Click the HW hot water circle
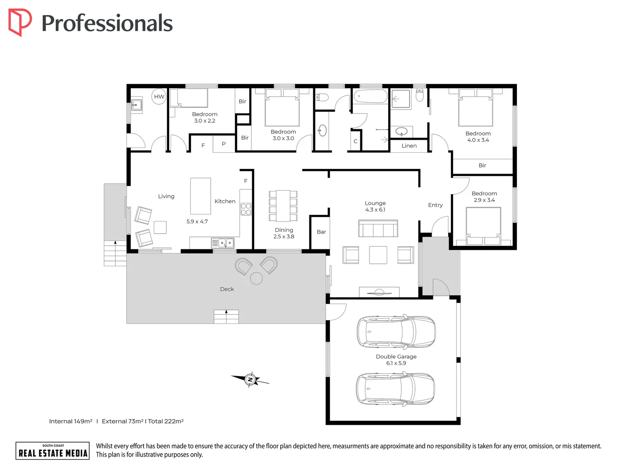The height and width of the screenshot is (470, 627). point(159,97)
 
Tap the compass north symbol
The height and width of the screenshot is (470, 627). point(250,380)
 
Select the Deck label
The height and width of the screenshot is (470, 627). point(227,289)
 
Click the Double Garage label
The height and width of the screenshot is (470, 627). point(396,356)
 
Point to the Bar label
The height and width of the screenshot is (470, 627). point(322,232)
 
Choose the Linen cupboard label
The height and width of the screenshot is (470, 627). point(409,146)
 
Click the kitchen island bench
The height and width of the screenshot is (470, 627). point(201,196)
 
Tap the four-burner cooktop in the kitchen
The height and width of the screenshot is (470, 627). point(246,209)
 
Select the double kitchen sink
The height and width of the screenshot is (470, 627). point(226,243)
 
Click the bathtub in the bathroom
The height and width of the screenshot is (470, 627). point(370,96)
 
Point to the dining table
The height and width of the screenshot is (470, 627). point(283,206)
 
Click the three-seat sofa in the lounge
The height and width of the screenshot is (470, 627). point(378,228)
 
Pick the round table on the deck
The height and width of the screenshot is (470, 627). point(256,278)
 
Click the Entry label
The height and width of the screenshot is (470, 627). point(435,205)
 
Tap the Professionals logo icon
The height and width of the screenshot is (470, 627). point(20,22)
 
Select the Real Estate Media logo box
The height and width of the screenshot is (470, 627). point(53,450)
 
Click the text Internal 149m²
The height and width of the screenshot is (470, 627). point(70,421)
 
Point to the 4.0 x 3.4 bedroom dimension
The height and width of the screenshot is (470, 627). point(478,140)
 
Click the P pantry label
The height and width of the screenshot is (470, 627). point(224,144)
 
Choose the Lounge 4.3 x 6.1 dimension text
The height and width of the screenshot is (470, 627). point(375,210)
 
